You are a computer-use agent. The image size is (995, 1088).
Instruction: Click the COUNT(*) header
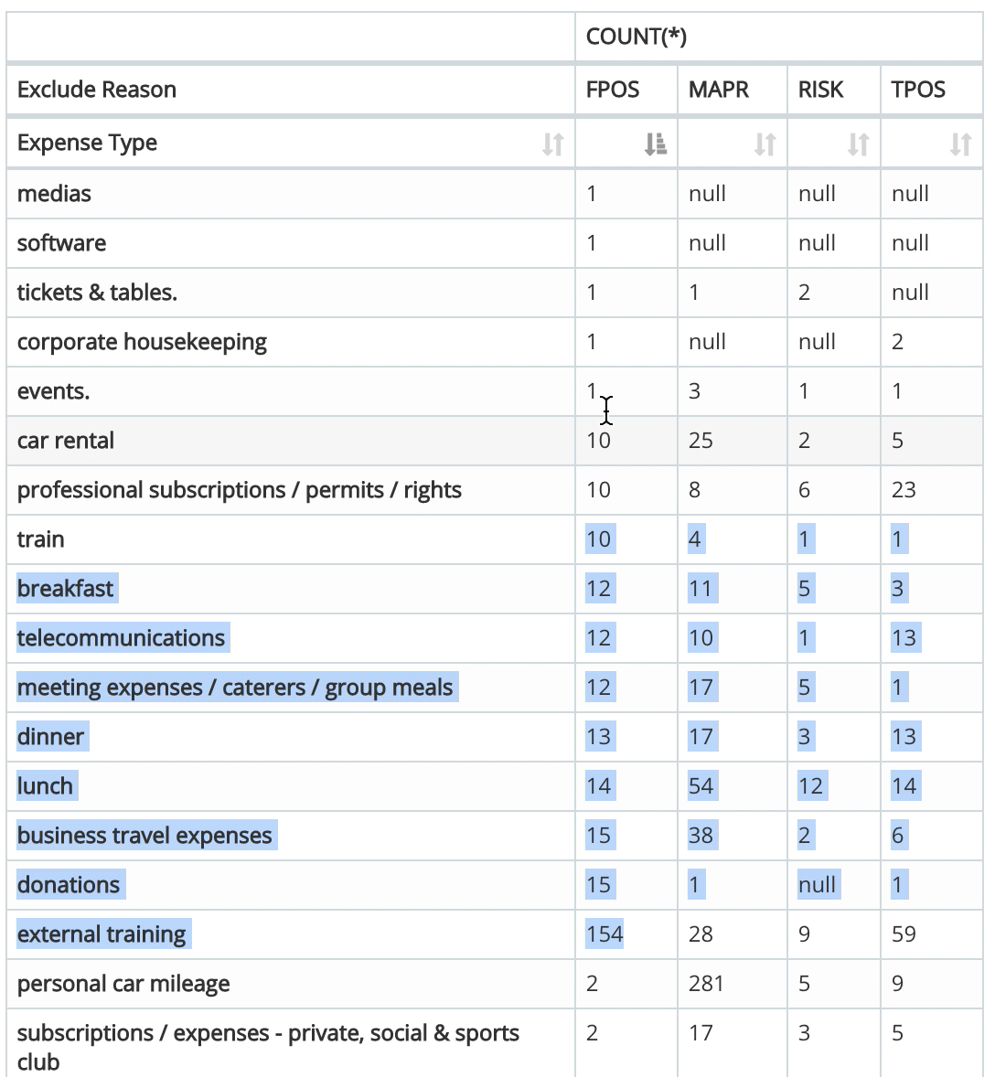tap(636, 37)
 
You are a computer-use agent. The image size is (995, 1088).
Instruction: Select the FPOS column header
tap(613, 90)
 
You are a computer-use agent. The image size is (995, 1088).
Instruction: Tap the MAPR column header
tap(718, 90)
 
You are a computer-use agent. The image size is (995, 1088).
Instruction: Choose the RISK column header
tap(820, 90)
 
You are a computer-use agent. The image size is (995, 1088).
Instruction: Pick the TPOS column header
tap(918, 90)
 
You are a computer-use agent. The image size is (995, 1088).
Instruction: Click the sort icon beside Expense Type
tap(552, 144)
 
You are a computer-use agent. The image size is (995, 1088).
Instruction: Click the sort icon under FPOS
tap(655, 144)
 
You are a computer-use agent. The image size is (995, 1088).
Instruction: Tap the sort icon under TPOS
tap(959, 144)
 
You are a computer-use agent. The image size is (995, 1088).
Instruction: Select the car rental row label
tap(66, 441)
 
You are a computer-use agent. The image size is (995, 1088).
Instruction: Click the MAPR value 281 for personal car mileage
tap(706, 984)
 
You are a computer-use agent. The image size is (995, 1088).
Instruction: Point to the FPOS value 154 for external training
tap(604, 934)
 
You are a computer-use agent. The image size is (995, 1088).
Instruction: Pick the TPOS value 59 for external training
tap(904, 934)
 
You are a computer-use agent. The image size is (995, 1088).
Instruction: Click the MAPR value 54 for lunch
tap(701, 786)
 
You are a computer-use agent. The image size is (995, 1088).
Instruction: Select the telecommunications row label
tap(121, 638)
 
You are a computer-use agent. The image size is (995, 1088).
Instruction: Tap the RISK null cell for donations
tap(817, 885)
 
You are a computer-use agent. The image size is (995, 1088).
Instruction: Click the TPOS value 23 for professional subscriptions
tap(904, 490)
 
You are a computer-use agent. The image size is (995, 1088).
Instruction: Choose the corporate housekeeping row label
tap(142, 342)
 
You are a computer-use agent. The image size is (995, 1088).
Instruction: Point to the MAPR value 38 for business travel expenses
tap(701, 836)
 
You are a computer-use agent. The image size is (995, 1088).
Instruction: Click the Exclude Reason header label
tap(97, 90)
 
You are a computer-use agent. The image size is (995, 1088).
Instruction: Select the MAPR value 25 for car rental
tap(701, 441)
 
